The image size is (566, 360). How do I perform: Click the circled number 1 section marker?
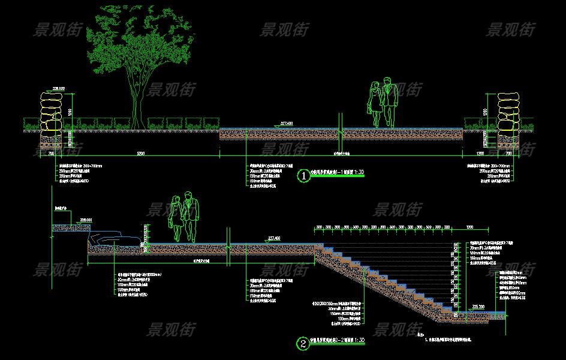pyautogui.click(x=304, y=176)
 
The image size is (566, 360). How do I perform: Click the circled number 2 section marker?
pyautogui.click(x=304, y=344)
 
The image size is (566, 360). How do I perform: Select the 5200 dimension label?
pyautogui.click(x=141, y=154)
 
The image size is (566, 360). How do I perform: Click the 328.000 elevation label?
pyautogui.click(x=86, y=220)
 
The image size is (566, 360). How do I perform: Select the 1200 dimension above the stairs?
pyautogui.click(x=469, y=228)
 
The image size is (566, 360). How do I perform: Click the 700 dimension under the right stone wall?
pyautogui.click(x=513, y=154)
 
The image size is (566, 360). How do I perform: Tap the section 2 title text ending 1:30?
pyautogui.click(x=339, y=341)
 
